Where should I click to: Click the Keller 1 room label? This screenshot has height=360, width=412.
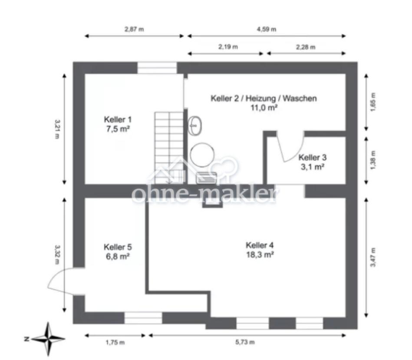[x=118, y=119]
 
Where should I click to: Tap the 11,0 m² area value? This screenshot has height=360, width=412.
[x=264, y=108]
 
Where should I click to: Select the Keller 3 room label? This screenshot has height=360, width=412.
[x=313, y=157]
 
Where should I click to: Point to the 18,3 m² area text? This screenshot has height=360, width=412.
[x=260, y=255]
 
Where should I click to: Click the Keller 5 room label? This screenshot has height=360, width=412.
[x=118, y=247]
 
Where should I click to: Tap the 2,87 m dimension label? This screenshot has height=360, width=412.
[x=134, y=29]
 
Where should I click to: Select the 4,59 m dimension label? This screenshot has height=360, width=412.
[x=267, y=29]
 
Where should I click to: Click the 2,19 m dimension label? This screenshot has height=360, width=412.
[x=228, y=47]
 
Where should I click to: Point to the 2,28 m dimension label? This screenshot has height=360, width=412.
[x=306, y=47]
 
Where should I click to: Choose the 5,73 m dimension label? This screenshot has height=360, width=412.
[x=245, y=342]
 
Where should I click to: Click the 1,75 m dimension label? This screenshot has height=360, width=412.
[x=115, y=342]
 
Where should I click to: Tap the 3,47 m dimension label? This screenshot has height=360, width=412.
[x=373, y=257]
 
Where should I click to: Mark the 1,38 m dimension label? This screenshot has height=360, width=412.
[x=373, y=160]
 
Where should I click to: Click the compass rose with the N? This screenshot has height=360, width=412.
[x=48, y=339]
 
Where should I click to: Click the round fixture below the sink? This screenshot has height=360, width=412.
[x=202, y=155]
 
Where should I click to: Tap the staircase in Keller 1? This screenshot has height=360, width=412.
[x=169, y=148]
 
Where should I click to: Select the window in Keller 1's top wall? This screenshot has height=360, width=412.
[x=157, y=68]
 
